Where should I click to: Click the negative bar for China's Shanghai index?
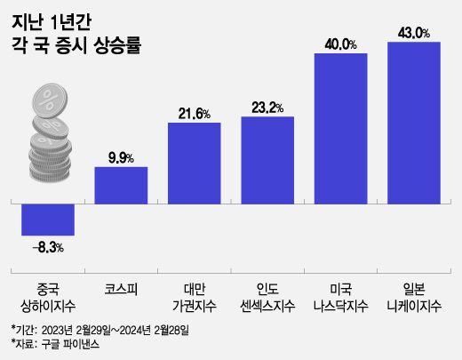click(x=48, y=219)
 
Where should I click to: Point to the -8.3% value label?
click(x=48, y=246)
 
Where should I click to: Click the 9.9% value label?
click(x=121, y=157)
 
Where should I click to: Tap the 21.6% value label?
click(x=195, y=113)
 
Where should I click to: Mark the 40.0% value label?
click(x=341, y=44)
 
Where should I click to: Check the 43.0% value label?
click(x=415, y=33)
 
